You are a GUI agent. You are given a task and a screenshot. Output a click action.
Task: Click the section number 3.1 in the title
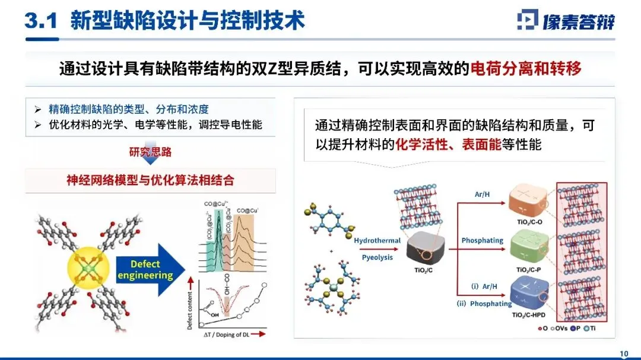pyautogui.click(x=40, y=21)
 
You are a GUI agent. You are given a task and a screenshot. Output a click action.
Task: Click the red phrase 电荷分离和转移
pyautogui.click(x=525, y=68)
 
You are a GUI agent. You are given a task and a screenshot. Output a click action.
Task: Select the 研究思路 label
pyautogui.click(x=150, y=152)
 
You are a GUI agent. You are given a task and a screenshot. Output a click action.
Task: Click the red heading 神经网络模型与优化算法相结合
pyautogui.click(x=150, y=180)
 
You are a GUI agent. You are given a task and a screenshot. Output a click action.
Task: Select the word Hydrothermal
pyautogui.click(x=377, y=240)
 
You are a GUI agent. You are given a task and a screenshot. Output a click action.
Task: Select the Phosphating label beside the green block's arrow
pyautogui.click(x=482, y=240)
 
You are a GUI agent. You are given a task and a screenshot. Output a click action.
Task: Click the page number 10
pyautogui.click(x=624, y=353)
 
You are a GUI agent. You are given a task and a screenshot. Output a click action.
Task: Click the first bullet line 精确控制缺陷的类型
pyautogui.click(x=128, y=109)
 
